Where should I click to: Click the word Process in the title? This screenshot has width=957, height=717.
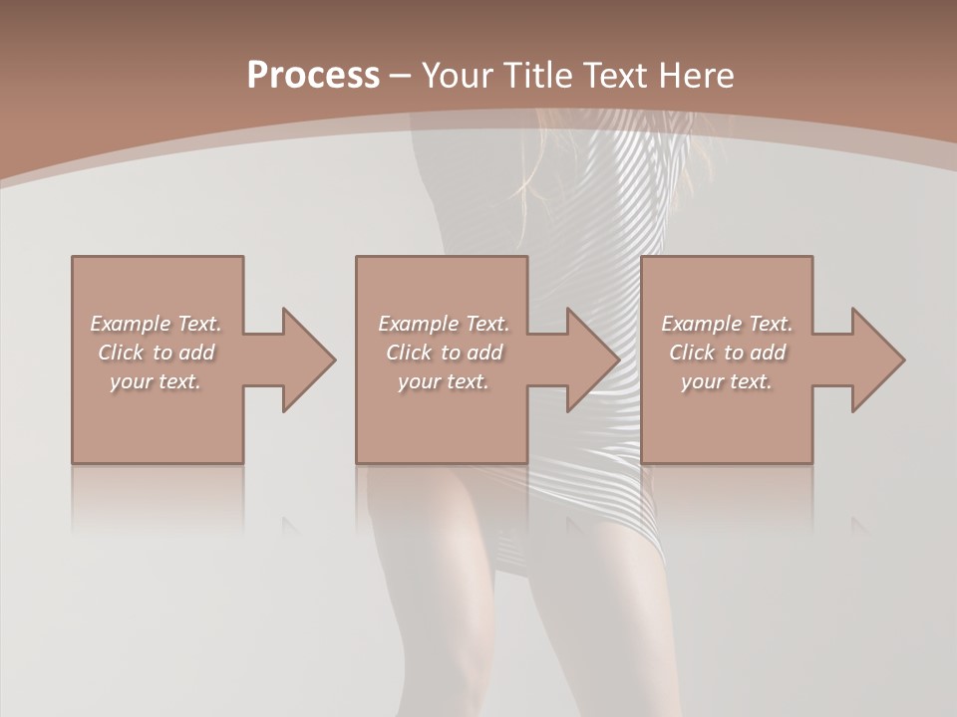click(x=313, y=75)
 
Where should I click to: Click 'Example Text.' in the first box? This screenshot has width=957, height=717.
click(x=156, y=324)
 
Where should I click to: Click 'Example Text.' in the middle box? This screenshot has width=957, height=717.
click(x=444, y=324)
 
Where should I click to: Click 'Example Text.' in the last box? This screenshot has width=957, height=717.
click(x=727, y=324)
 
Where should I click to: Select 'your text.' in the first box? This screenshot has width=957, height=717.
click(x=156, y=381)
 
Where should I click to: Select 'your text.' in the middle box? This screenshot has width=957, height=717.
click(x=444, y=381)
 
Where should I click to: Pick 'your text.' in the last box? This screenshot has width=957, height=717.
click(x=727, y=381)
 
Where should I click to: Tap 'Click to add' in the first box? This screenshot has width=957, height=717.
click(x=156, y=353)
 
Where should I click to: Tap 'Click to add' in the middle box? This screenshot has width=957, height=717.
click(x=444, y=353)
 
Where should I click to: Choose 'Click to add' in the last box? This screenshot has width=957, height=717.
click(x=727, y=353)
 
